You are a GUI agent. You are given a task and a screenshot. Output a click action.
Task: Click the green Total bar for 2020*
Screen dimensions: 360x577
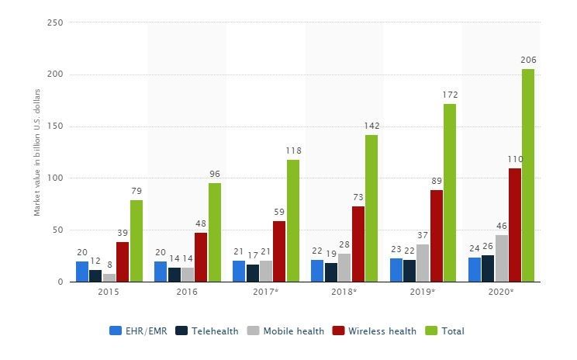[x=527, y=175]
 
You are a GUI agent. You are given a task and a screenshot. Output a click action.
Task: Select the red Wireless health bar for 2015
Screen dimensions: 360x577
[x=123, y=261]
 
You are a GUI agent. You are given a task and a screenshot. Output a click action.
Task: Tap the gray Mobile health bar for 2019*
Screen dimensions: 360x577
[x=423, y=263]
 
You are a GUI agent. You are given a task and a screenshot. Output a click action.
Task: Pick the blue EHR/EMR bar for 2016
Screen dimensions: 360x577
[x=161, y=272]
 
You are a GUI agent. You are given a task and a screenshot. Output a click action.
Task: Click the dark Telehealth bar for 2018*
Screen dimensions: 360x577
[x=330, y=272]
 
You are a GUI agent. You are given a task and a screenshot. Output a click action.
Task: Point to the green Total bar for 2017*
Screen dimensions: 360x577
[x=292, y=220]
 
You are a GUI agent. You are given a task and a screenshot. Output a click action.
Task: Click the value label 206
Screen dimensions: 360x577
[x=528, y=60]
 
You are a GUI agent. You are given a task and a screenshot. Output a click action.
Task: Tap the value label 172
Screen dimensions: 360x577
[x=450, y=95]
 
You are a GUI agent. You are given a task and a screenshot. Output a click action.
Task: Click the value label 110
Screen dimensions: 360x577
[x=514, y=159]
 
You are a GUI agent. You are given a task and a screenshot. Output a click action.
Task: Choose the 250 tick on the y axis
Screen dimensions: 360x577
[x=55, y=23]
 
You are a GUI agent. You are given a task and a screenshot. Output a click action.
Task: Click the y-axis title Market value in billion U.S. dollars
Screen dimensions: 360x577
[x=36, y=152]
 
